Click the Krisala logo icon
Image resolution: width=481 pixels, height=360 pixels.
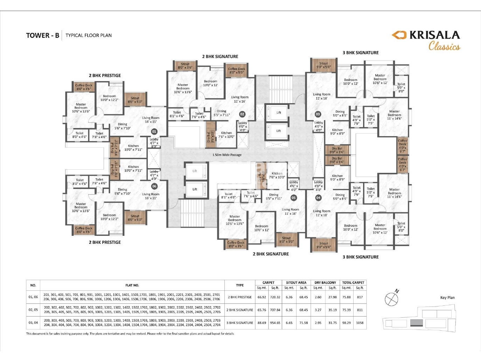(x=399, y=35)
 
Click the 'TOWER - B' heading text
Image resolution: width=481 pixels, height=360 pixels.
(x=42, y=35)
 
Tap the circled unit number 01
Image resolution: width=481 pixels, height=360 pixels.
(x=154, y=132)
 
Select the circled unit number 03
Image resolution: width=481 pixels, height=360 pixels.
(x=318, y=114)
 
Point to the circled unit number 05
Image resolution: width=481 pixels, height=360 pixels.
(x=293, y=198)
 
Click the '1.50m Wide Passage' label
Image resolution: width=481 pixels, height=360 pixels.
(x=227, y=155)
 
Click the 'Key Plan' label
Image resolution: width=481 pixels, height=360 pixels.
(x=447, y=298)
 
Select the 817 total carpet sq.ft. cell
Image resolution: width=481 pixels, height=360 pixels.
(x=360, y=297)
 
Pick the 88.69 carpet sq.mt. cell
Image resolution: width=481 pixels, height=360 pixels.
(x=262, y=323)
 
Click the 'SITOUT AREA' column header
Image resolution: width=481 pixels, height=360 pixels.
(x=296, y=283)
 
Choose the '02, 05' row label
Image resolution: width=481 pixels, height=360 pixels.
(x=33, y=310)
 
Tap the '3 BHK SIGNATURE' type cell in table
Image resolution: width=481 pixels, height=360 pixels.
(x=240, y=323)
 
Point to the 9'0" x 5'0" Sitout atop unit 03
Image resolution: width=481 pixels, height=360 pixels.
(x=323, y=65)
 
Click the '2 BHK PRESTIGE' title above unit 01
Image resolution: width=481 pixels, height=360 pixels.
(x=105, y=76)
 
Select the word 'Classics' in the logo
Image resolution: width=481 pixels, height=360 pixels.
(x=444, y=46)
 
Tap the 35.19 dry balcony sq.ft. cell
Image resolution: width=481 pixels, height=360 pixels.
(x=332, y=310)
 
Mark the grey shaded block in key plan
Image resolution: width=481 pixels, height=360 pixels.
(x=416, y=323)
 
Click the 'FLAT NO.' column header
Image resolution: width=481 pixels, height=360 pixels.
(x=132, y=285)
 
